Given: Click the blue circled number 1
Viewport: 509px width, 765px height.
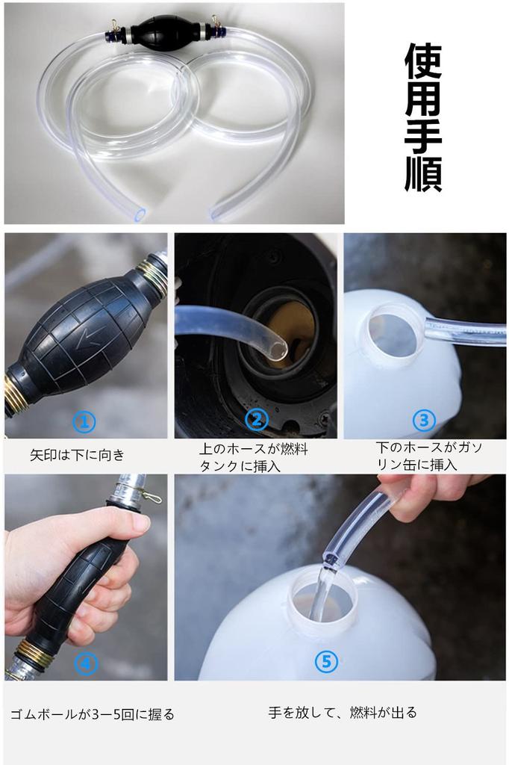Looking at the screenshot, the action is point(84,421).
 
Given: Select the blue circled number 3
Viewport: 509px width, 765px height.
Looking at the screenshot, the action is point(424,420).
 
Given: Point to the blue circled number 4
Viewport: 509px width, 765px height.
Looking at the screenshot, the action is point(86,663).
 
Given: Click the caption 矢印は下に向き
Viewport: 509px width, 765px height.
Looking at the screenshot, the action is point(78,455).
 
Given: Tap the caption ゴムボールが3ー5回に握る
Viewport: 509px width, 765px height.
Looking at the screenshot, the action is point(92,715).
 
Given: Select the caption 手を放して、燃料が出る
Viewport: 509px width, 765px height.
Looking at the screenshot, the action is point(343,713).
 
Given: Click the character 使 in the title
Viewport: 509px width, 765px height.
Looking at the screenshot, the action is point(422,62).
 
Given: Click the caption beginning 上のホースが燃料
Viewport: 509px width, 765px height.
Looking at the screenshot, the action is point(254,457).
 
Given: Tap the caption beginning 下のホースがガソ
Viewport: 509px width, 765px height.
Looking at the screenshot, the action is point(429,456).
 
